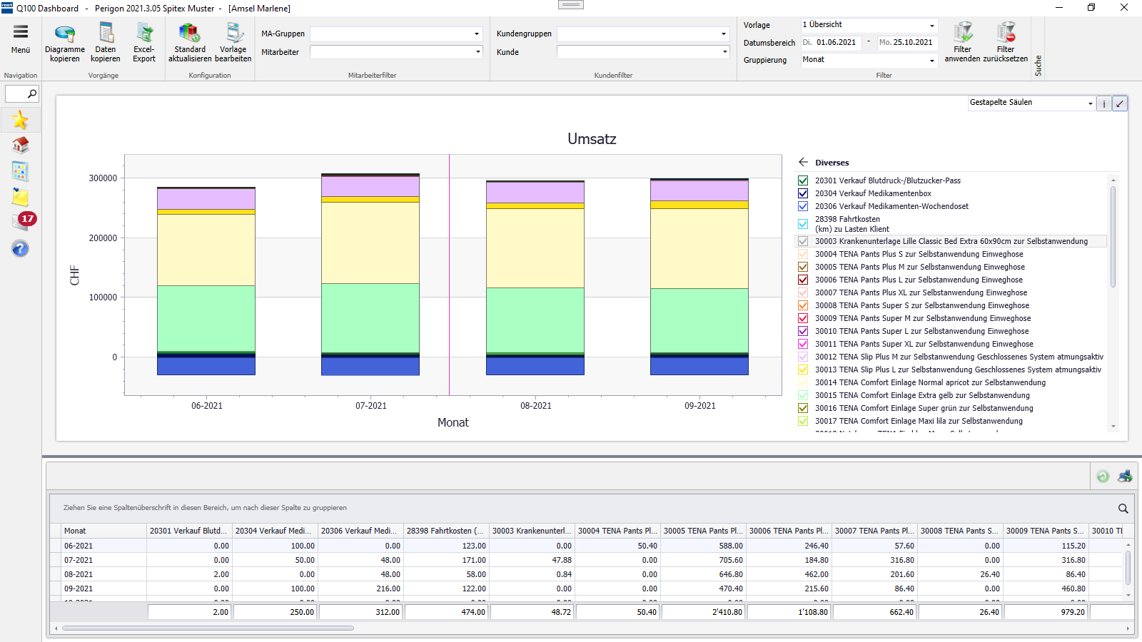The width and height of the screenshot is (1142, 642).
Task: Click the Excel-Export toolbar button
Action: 144,42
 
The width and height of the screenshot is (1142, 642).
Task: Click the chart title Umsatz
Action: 592,139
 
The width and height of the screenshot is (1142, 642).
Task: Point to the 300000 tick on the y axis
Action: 103,178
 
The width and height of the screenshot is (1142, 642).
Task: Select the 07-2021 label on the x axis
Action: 371,406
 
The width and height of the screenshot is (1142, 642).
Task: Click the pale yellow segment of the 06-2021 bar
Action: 206,250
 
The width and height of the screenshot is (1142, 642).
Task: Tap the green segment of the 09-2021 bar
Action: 699,320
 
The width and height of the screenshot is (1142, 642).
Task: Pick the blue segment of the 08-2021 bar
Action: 535,366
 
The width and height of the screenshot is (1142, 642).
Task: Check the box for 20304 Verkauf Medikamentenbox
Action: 803,193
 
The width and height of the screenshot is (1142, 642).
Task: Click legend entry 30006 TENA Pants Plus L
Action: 919,280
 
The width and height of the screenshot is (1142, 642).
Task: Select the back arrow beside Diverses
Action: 804,162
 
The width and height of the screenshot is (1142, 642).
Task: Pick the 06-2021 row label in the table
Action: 79,546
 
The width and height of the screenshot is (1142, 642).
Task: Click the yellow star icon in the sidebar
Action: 20,120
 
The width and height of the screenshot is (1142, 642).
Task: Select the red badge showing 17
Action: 27,218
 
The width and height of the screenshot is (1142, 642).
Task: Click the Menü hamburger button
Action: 21,39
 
